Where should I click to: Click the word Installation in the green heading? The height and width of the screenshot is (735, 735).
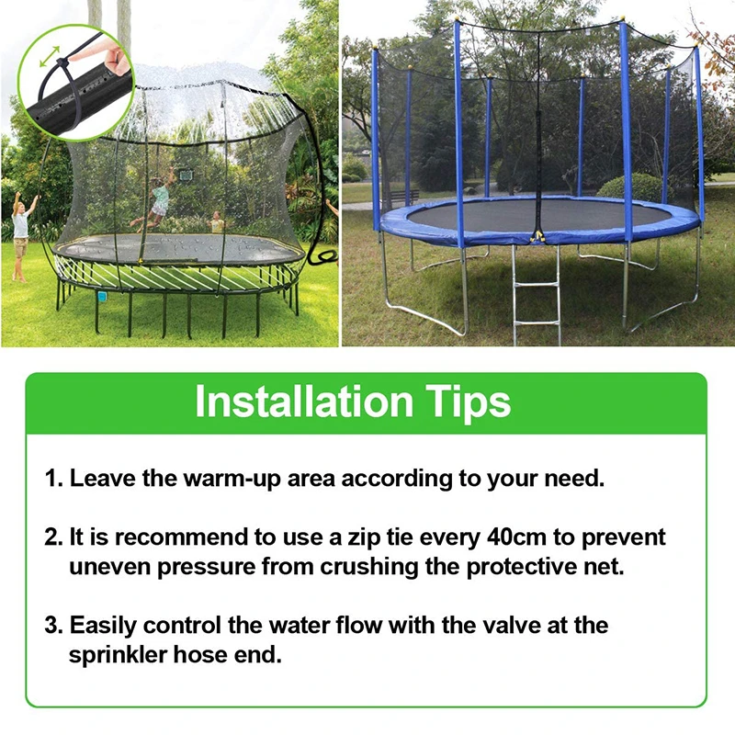tap(304, 401)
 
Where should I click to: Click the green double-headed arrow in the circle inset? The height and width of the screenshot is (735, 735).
tap(50, 56)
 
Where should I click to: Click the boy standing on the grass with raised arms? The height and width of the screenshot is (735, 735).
tap(21, 235)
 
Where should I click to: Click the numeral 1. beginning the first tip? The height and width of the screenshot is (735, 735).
tap(53, 479)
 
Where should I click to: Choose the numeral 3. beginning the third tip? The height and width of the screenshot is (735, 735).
tap(53, 626)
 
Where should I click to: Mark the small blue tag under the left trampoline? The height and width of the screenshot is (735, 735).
tap(102, 296)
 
